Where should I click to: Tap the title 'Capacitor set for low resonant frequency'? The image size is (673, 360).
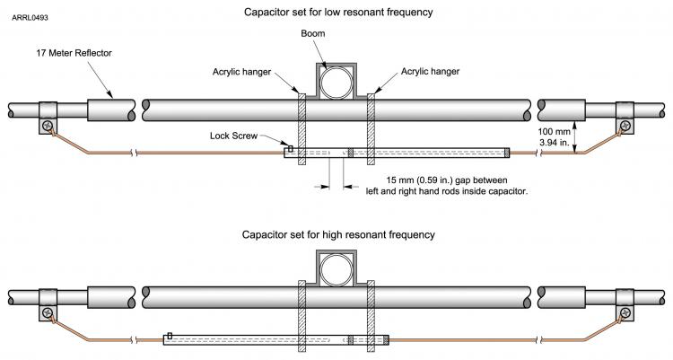(338, 13)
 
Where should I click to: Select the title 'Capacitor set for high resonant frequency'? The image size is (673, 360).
(338, 234)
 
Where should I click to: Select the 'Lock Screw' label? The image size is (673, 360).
(234, 136)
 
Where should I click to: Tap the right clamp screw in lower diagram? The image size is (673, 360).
(624, 312)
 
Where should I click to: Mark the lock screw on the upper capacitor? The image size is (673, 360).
(291, 148)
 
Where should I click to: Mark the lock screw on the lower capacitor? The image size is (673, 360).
(170, 336)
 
